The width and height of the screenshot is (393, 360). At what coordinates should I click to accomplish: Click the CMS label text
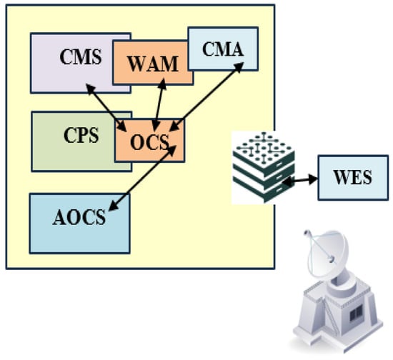pos(81,57)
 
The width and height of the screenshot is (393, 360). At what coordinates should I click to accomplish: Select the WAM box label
pos(153,64)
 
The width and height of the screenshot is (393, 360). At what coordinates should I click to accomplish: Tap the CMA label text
pos(223,49)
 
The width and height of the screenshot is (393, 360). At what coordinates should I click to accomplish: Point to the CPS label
pos(81,135)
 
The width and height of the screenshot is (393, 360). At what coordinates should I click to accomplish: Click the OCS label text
pos(149,142)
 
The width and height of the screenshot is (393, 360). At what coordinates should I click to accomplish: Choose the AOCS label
pos(79,217)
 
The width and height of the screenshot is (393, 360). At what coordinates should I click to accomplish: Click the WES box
pos(353,178)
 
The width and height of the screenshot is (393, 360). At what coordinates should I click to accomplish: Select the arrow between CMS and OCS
pos(106,107)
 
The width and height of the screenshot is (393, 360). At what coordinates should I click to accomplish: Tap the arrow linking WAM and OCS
pos(159,105)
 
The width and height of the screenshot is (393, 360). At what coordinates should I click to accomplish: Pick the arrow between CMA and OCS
pos(207,96)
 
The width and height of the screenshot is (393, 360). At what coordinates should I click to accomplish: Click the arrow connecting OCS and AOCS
pos(142,178)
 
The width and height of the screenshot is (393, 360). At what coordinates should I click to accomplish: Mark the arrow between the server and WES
pos(300,180)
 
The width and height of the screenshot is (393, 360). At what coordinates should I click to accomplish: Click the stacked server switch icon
pos(263,167)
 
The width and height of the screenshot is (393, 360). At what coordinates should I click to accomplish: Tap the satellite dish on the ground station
pos(326,253)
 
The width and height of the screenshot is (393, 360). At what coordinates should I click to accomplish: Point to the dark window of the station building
pos(356,312)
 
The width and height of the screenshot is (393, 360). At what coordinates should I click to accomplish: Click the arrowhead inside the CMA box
pos(238,67)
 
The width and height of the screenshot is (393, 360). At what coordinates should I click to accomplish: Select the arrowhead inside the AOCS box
pos(114,206)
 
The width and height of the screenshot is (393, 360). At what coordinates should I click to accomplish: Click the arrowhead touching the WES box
pos(313,179)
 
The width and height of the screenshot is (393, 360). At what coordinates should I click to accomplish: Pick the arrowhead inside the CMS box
pos(91,89)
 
